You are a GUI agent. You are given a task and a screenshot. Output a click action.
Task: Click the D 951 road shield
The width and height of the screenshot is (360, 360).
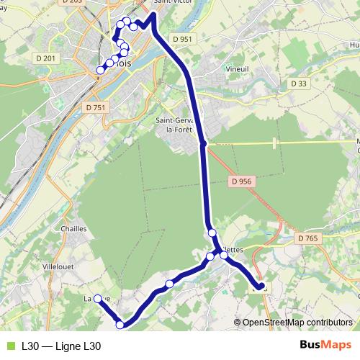[183, 39]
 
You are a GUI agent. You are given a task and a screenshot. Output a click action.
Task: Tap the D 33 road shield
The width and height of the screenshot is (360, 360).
[299, 84]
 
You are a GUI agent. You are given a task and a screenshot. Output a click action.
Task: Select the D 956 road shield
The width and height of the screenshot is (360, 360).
[241, 182]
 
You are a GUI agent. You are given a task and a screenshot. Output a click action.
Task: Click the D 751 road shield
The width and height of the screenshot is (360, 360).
[94, 107]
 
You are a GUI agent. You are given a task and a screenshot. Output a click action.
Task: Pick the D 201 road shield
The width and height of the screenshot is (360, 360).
[45, 58]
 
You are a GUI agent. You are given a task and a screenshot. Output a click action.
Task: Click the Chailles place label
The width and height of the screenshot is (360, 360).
[75, 228]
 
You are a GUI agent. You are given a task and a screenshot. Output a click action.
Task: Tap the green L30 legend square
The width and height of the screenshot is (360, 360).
[9, 346]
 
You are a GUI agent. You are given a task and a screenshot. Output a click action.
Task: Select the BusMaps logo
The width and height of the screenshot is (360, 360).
[326, 346]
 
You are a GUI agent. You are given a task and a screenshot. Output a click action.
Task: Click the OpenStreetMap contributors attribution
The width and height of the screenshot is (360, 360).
[297, 323]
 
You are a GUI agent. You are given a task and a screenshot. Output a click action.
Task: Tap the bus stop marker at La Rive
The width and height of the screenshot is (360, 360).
[98, 298]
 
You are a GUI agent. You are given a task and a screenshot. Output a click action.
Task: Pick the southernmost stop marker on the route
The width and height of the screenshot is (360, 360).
[120, 325]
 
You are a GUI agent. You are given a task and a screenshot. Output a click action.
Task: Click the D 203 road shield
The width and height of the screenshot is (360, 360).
[73, 2]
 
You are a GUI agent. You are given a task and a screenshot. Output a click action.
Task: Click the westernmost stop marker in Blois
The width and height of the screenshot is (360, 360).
[101, 69]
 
